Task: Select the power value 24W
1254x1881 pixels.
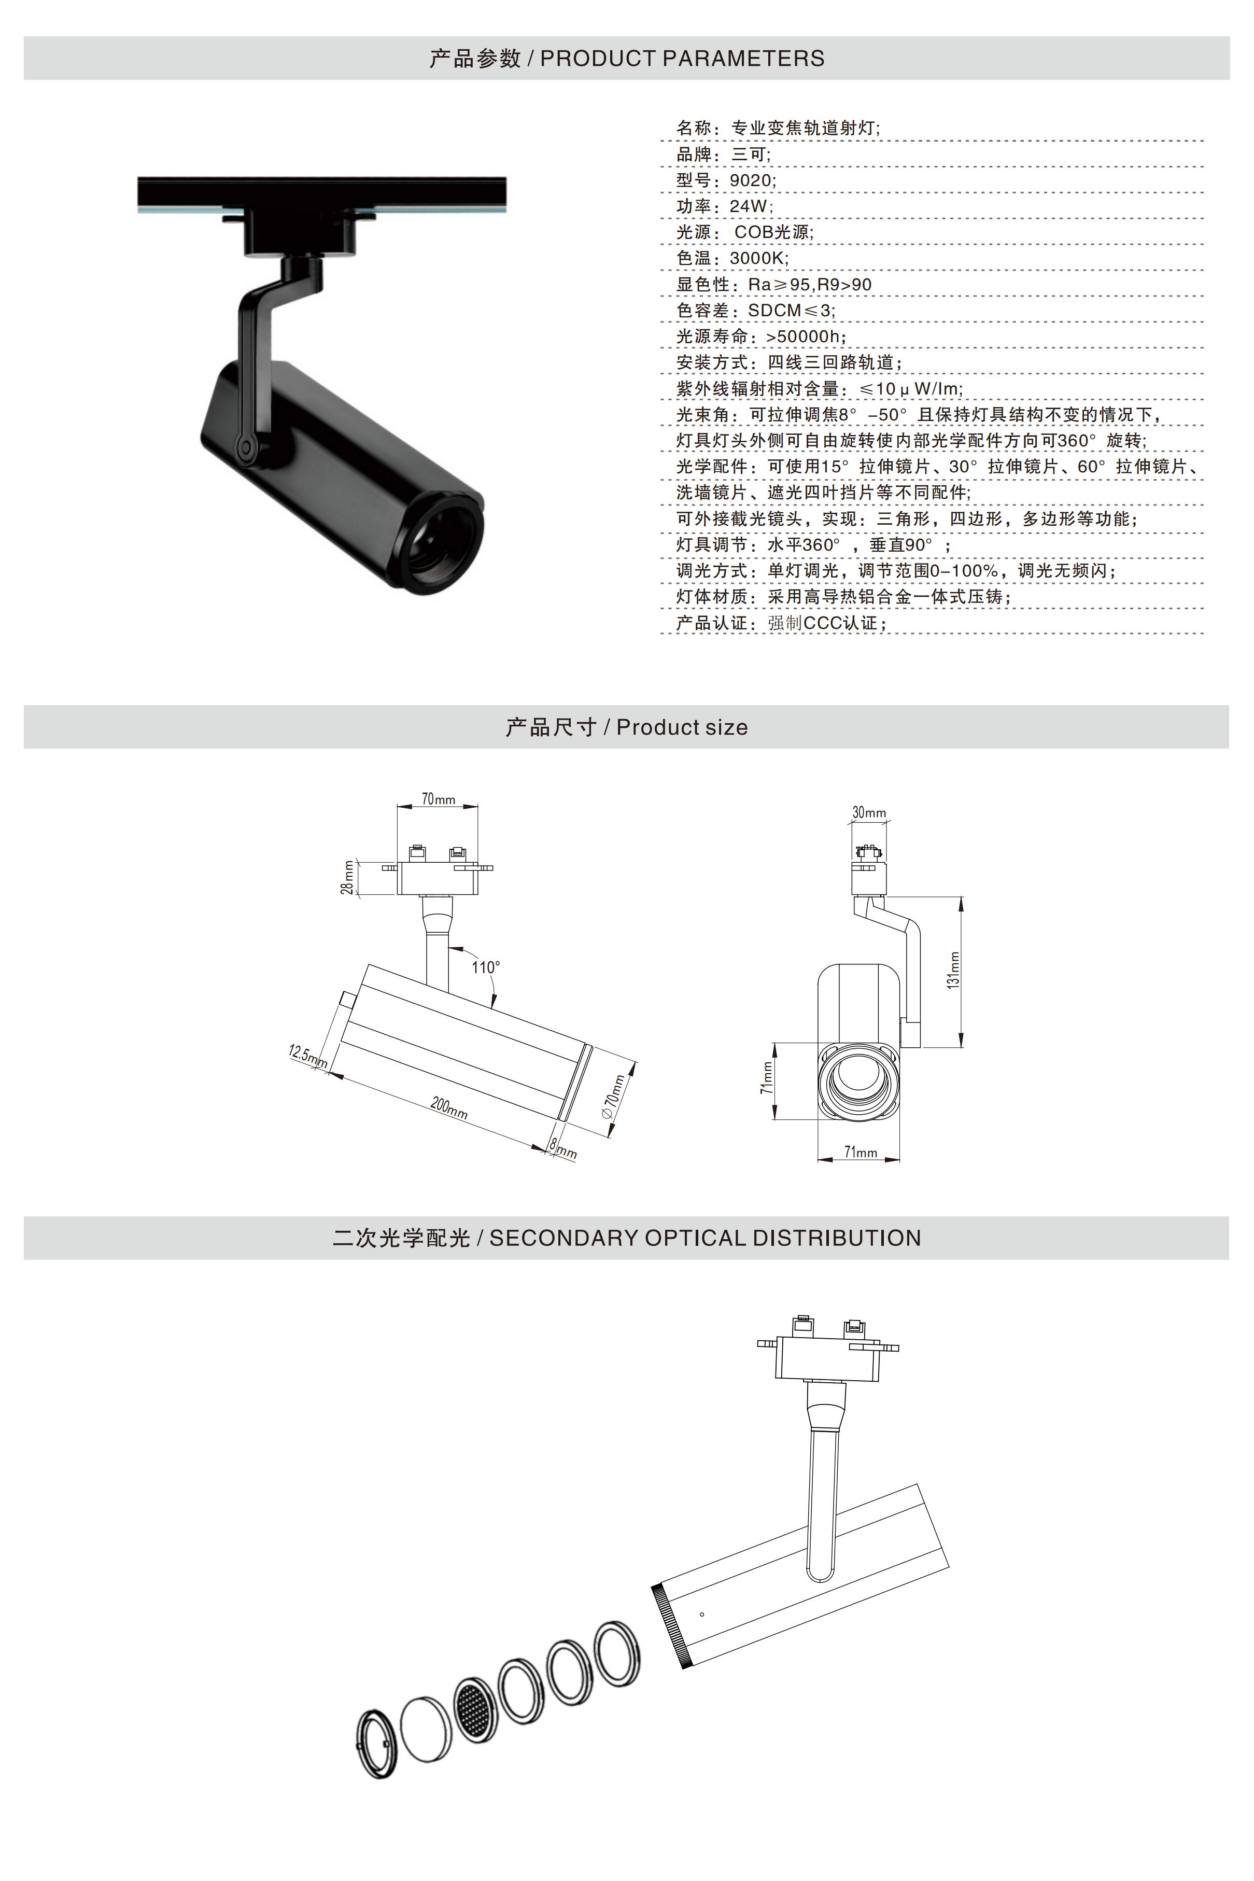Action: point(750,206)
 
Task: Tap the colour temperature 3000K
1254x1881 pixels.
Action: point(758,258)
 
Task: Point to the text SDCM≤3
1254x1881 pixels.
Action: point(791,310)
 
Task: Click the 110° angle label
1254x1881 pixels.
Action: point(485,967)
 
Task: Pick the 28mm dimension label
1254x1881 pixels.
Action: point(348,877)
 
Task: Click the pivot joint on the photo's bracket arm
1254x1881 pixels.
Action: point(246,446)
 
